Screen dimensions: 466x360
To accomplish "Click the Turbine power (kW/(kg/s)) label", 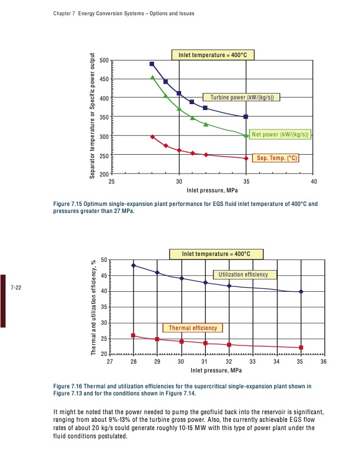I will (x=242, y=97).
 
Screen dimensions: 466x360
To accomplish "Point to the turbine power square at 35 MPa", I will (x=246, y=116).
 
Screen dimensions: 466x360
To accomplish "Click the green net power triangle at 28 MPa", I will (x=152, y=77).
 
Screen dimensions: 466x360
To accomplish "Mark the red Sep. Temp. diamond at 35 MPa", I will (x=246, y=158).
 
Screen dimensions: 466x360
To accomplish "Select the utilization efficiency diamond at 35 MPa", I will (x=301, y=292).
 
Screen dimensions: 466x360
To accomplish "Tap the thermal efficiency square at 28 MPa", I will (x=134, y=335).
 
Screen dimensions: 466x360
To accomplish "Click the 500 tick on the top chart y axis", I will (x=104, y=61).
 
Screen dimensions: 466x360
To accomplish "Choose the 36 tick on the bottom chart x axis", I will (x=323, y=361).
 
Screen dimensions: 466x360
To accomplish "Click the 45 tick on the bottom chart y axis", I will (x=104, y=276).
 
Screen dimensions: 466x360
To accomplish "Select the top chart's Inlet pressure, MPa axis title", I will (x=212, y=190).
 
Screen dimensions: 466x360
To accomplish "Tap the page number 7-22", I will (x=16, y=288).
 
